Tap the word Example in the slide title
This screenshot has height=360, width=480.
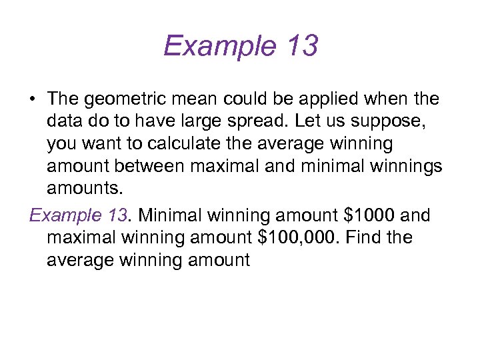pos(217,47)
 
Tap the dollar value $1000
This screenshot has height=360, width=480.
pos(365,215)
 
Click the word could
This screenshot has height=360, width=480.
pos(261,99)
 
